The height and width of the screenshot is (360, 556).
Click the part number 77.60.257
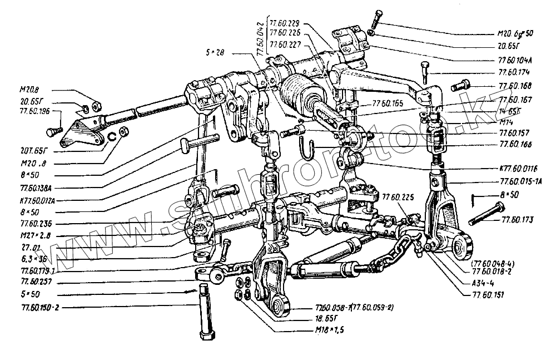click(x=34, y=282)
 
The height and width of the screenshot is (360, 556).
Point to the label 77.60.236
click(x=34, y=223)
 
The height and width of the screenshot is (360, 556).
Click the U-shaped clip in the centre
click(x=307, y=148)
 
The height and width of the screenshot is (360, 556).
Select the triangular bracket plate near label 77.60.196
click(x=77, y=133)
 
